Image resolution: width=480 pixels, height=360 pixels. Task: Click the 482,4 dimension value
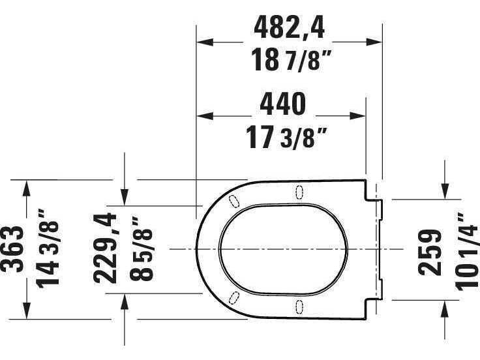pos(289,28)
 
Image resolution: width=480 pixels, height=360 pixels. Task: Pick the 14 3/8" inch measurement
pos(47,249)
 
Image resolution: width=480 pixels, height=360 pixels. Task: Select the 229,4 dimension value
pos(106,248)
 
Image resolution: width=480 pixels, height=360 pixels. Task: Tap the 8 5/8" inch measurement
pos(140,248)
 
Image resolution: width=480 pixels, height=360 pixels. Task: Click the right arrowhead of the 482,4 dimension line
pos(374,42)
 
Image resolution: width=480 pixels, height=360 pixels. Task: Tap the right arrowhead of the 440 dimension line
pos(359,117)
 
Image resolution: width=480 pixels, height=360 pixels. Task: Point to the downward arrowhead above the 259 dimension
pos(446,191)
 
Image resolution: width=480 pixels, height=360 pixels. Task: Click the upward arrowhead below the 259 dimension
pos(446,308)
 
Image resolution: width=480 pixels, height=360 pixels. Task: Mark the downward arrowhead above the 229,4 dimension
pos(125,195)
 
